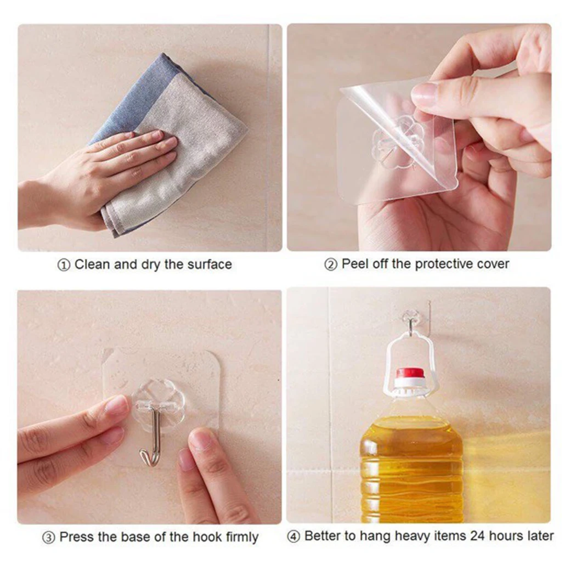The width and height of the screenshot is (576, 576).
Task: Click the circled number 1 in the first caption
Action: coord(64,265)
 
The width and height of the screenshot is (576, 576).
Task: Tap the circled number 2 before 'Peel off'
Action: coord(331,265)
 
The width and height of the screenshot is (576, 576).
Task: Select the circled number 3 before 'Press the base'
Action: coord(49,537)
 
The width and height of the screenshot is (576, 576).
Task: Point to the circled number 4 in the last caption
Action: coord(294,537)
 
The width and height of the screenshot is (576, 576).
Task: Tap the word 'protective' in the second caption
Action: coord(440,264)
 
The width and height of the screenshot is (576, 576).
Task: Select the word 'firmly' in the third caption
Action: coord(239,537)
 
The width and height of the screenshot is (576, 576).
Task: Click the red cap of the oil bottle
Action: coord(411,374)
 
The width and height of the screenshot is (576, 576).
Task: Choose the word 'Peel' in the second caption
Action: coord(353,264)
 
